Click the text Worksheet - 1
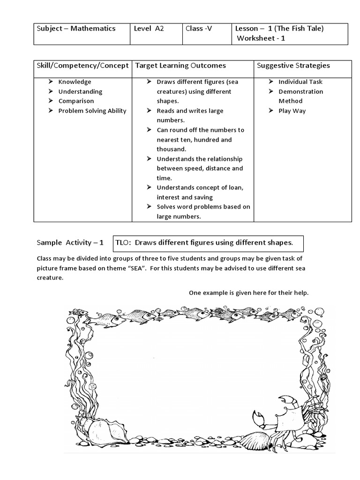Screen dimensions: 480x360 tap(261, 38)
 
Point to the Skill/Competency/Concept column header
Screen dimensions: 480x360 tap(82, 66)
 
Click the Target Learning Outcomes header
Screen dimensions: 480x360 tap(180, 66)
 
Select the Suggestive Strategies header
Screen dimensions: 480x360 tap(293, 66)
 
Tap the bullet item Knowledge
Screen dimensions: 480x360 tap(75, 82)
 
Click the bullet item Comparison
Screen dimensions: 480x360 tap(76, 101)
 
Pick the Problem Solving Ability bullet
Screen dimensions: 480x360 tap(92, 111)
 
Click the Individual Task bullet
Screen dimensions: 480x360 tap(300, 82)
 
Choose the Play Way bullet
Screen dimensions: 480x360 tap(292, 111)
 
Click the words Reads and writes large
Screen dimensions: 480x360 tap(190, 111)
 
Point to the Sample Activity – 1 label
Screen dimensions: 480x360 tap(70, 243)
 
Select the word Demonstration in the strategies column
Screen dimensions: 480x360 tap(300, 92)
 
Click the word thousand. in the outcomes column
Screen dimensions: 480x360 tap(171, 149)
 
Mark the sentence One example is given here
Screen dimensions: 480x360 tap(248, 293)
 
